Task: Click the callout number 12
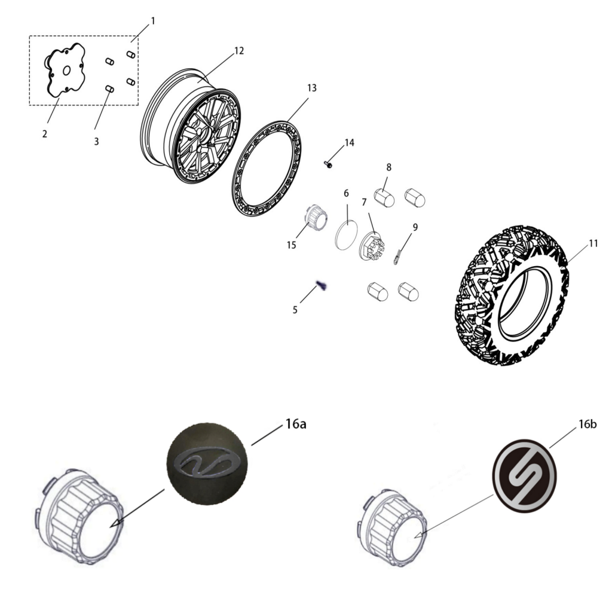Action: (x=239, y=51)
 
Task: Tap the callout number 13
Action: (x=312, y=89)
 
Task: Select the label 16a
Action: (x=295, y=423)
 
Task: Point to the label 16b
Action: (x=587, y=424)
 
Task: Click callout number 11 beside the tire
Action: (x=593, y=243)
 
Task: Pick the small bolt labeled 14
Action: (x=328, y=164)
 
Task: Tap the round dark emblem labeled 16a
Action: (x=207, y=463)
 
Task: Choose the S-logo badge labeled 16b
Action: (x=525, y=476)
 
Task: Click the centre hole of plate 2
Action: (x=67, y=71)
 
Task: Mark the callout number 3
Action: (x=96, y=141)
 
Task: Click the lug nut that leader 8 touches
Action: (x=384, y=197)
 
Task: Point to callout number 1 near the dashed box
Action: (x=153, y=21)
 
